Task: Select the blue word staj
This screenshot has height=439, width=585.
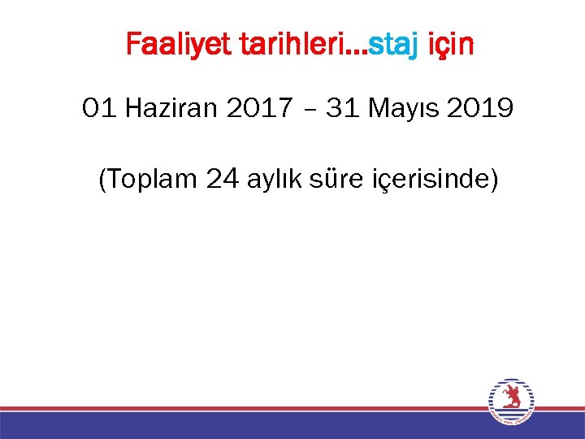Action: [395, 46]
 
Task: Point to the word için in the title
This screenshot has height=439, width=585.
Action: [450, 46]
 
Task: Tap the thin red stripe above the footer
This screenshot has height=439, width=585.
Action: [244, 408]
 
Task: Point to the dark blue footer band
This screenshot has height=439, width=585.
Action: [244, 425]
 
